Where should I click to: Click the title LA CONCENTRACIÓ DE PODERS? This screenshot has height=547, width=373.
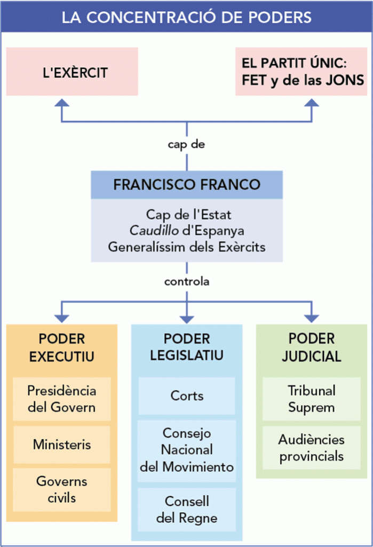[186, 17]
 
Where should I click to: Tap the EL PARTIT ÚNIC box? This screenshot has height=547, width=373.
[302, 72]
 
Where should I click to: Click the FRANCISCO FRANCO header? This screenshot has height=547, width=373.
[186, 185]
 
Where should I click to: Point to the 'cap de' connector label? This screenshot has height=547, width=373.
[186, 144]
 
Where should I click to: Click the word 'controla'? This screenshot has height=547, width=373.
[186, 281]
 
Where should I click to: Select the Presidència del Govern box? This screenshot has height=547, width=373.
[62, 399]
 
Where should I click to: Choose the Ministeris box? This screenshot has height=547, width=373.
[62, 444]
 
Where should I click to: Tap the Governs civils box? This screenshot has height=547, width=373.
[62, 489]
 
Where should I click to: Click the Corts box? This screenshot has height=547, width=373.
[187, 395]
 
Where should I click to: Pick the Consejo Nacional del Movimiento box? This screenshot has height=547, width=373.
[187, 449]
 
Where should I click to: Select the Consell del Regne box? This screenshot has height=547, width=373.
[187, 509]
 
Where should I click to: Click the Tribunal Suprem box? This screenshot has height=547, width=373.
[311, 399]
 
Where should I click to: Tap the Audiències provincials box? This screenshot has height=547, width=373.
[311, 448]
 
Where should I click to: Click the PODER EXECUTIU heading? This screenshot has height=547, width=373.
[62, 347]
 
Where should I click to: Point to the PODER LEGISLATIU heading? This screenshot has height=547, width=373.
[187, 347]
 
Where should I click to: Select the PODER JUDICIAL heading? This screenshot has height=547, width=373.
[311, 347]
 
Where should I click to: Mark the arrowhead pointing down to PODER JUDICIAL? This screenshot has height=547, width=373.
[311, 317]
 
